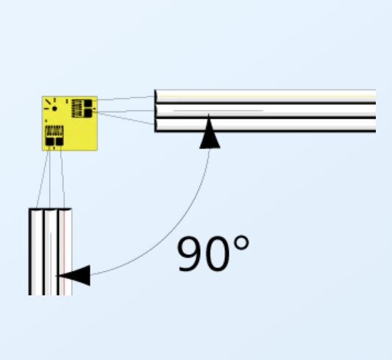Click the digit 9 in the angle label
(x=190, y=253)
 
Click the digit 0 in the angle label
(x=217, y=253)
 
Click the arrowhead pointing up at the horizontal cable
(x=210, y=132)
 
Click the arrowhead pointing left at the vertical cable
(x=73, y=276)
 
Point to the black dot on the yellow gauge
(x=54, y=109)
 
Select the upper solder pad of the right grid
(x=88, y=103)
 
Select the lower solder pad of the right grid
(x=88, y=113)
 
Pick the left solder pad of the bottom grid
(x=50, y=142)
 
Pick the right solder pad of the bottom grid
(x=60, y=142)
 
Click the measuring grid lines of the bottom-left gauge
(x=54, y=131)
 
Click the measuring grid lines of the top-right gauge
(x=77, y=108)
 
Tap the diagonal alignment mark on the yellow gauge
(x=49, y=101)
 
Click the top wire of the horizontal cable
(x=265, y=97)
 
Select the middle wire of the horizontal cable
(x=265, y=111)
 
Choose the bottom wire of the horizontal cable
(x=265, y=125)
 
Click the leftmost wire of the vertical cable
(x=36, y=252)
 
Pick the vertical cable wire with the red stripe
(x=65, y=252)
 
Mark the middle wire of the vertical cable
(x=51, y=252)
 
